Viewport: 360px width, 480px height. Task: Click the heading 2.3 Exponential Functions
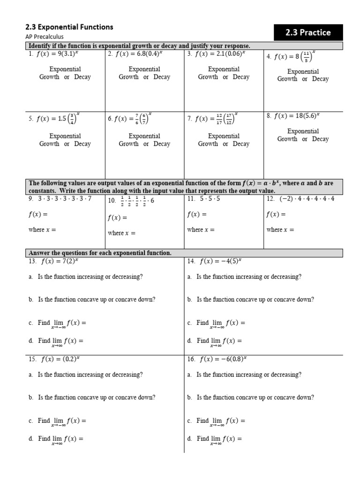click(x=69, y=27)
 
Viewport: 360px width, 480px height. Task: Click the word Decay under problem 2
click(x=162, y=77)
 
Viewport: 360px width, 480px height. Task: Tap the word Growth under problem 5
click(x=49, y=144)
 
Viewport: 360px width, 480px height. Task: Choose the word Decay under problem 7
click(x=241, y=144)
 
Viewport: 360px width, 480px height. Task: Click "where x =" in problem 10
click(x=122, y=233)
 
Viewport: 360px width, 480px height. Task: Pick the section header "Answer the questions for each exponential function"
click(x=100, y=253)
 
